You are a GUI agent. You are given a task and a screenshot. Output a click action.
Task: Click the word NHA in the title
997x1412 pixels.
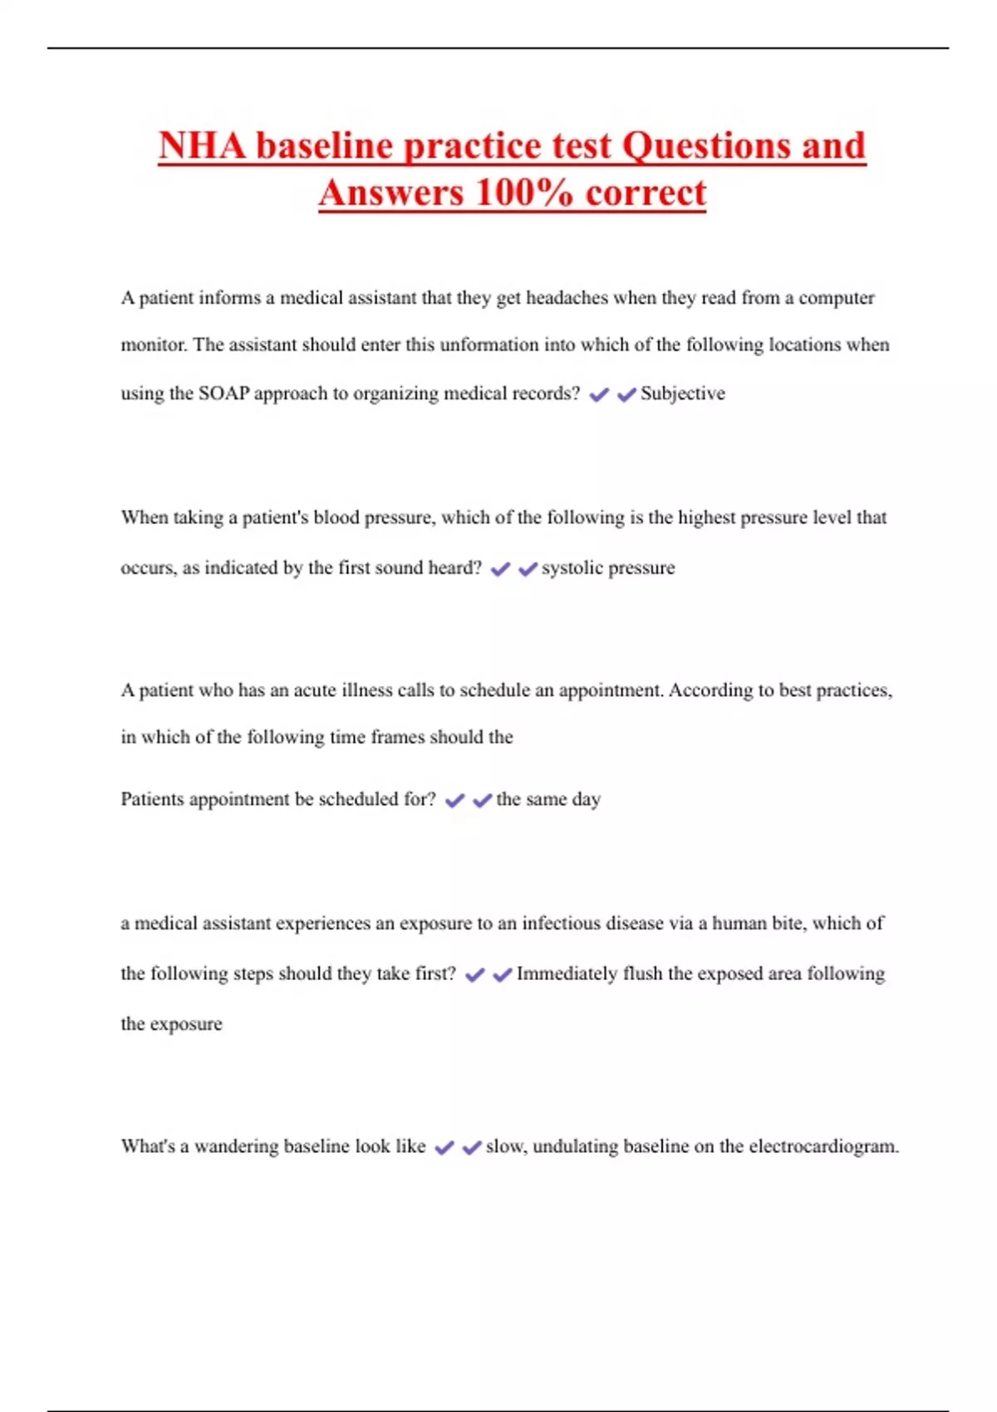pos(203,146)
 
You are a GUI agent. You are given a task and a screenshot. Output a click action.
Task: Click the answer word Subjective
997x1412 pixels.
pos(682,394)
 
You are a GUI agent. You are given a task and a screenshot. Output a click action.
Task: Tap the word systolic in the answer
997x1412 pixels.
pos(572,568)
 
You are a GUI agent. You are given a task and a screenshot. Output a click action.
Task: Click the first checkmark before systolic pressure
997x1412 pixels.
pos(500,569)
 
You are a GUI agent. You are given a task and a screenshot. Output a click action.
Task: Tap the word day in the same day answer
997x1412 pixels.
pos(586,800)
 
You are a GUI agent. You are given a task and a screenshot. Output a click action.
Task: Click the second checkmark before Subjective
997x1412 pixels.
pos(626,395)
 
